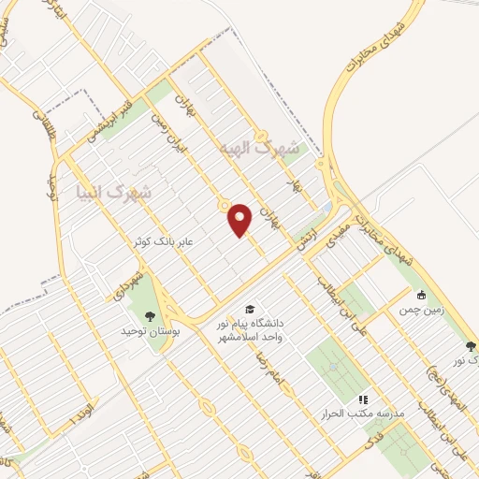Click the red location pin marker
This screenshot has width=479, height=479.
(241, 219)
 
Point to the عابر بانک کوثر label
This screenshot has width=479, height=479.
(163, 241)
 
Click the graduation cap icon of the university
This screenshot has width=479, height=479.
(250, 310)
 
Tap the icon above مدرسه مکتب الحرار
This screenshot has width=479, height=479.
(363, 398)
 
